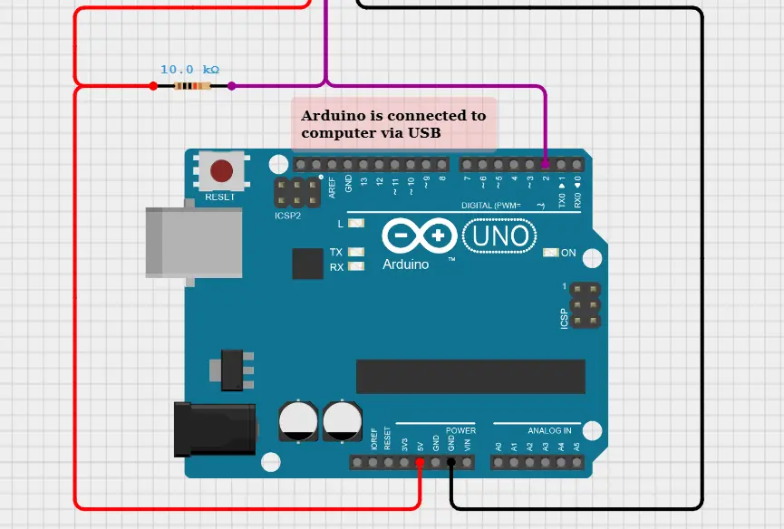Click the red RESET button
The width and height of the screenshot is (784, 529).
pyautogui.click(x=221, y=170)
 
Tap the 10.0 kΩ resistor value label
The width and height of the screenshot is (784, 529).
pyautogui.click(x=189, y=70)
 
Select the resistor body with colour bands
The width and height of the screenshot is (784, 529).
pyautogui.click(x=192, y=86)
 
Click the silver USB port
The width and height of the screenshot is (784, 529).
pyautogui.click(x=194, y=241)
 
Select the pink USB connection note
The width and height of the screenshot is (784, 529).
pyautogui.click(x=394, y=124)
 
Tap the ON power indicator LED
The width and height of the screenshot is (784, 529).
pyautogui.click(x=550, y=253)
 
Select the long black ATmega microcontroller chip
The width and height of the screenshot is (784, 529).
pyautogui.click(x=470, y=377)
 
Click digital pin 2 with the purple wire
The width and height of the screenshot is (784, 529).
pyautogui.click(x=545, y=165)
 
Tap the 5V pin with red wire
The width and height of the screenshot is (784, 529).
pyautogui.click(x=420, y=463)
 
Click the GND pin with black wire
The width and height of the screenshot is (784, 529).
pyautogui.click(x=451, y=463)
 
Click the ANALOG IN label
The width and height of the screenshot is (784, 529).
pyautogui.click(x=549, y=430)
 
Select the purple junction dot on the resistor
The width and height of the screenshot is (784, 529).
pyautogui.click(x=232, y=86)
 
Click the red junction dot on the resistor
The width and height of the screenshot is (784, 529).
pyautogui.click(x=153, y=86)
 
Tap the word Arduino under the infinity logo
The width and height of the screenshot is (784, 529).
pyautogui.click(x=405, y=264)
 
